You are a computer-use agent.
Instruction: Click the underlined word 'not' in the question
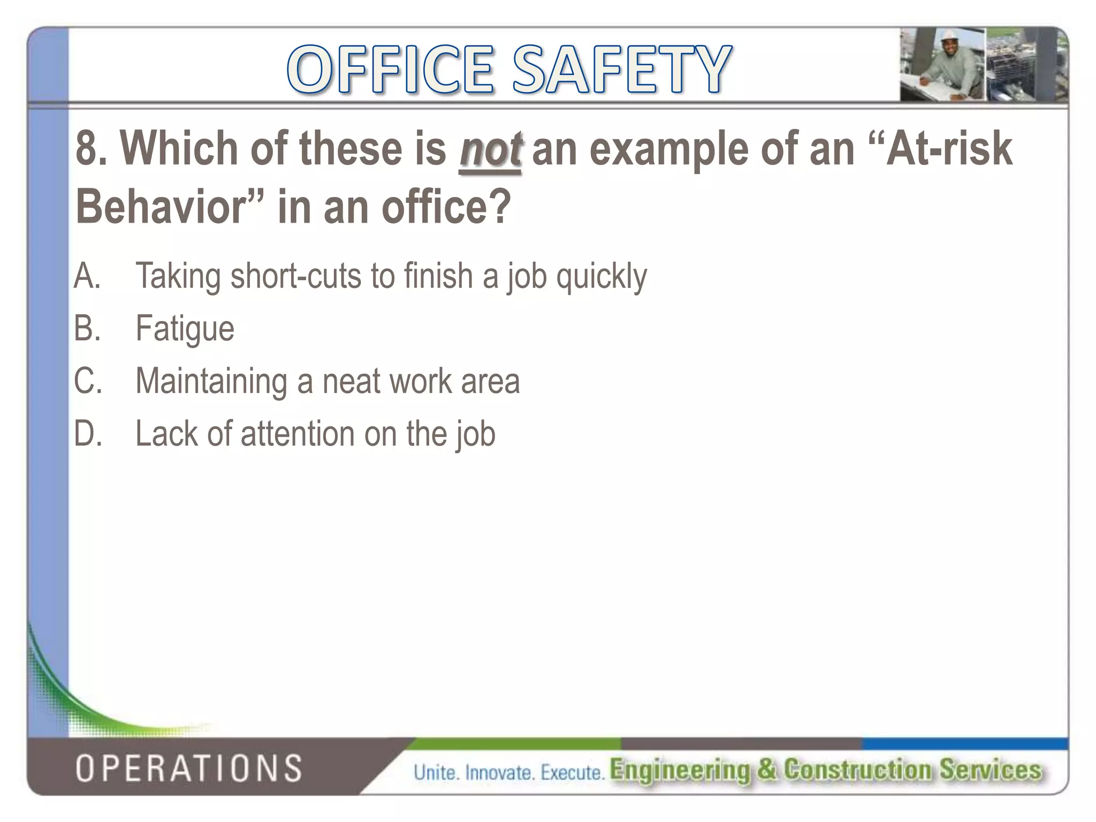pos(490,149)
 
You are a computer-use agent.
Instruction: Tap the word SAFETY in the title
pos(621,70)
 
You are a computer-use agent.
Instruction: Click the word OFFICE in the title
pos(391,70)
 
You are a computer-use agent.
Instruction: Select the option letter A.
pos(87,276)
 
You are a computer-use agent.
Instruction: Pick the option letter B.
pos(87,328)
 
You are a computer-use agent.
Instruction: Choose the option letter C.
pos(87,380)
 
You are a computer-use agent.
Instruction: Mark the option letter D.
pos(87,433)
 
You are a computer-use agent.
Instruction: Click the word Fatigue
pos(185,328)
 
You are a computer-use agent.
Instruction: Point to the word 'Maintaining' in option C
pos(211,380)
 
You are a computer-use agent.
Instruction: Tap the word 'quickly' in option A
pos(601,276)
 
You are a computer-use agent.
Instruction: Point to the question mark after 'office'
pos(500,208)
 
